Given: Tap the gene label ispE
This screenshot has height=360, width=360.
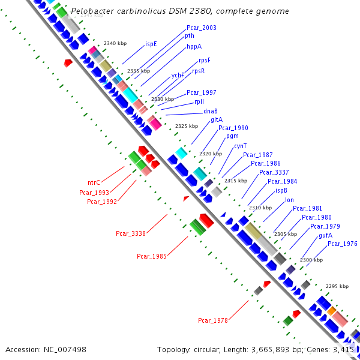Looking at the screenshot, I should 151,44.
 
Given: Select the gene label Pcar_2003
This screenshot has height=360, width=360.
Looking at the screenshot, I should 202,28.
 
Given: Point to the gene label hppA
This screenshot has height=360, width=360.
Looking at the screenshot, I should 194,46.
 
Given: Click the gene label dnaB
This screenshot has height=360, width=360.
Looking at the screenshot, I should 210,111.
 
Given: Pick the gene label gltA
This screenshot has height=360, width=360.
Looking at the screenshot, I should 217,119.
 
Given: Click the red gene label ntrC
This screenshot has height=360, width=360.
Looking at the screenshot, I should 94,182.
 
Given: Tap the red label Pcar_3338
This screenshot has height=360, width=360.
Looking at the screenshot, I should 131,233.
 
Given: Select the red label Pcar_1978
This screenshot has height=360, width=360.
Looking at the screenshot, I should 213,320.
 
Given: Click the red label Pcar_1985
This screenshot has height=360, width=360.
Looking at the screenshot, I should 152,256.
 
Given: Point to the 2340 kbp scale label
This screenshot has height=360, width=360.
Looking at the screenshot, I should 115,43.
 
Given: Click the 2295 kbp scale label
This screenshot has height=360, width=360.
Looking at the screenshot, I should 337,286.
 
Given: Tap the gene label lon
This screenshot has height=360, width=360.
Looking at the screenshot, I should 289,200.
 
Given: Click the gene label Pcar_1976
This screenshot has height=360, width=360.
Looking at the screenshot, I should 343,244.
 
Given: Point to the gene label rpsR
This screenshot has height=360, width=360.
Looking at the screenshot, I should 198,71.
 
